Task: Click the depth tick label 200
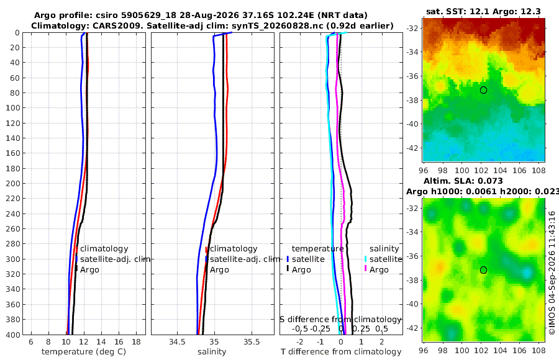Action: pos(13,184)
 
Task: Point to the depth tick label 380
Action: pos(13,320)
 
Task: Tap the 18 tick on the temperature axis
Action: pos(137,342)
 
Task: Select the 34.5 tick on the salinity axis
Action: pos(177,342)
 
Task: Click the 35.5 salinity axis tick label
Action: pos(252,342)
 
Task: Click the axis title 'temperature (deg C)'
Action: pos(84,352)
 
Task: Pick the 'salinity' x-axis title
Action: pos(212,352)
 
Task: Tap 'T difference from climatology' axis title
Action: pos(341,352)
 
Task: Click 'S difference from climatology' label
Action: pos(340,320)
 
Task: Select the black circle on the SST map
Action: pos(483,90)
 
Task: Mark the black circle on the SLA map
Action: pos(483,270)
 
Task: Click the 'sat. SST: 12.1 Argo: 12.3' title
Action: pos(483,11)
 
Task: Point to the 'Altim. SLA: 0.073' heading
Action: pos(463,181)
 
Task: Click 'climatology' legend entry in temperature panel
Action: pos(104,249)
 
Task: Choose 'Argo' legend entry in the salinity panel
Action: pos(219,270)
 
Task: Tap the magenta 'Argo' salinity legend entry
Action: pos(379,270)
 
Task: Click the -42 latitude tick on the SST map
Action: pos(412,148)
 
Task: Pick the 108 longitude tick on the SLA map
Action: pos(539,350)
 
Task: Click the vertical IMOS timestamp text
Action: pos(552,273)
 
